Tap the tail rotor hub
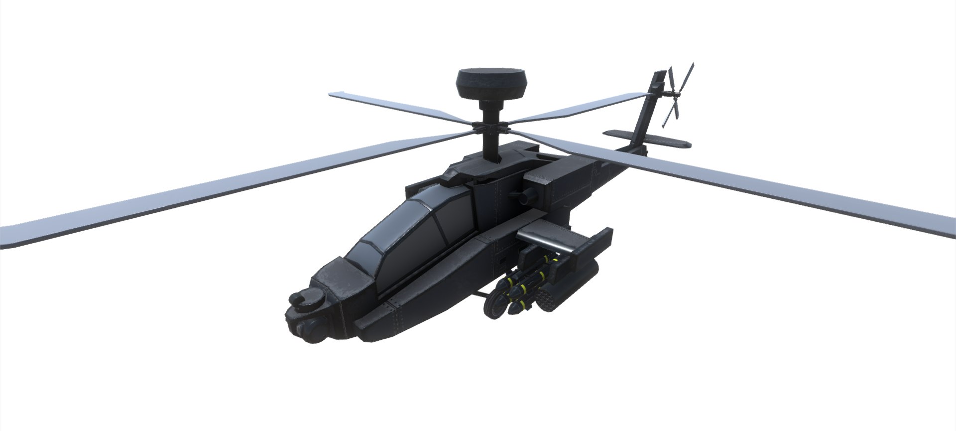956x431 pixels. [675, 95]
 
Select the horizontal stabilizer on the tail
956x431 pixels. [647, 139]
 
